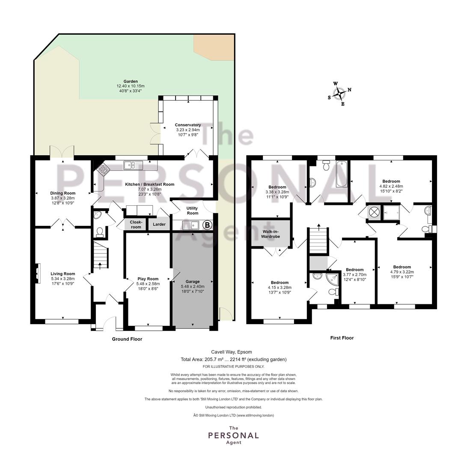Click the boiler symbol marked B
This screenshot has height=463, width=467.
point(207,225)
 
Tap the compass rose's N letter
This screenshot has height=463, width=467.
point(349,90)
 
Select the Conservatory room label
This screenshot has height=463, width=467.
point(187,125)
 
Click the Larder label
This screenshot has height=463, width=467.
point(159,224)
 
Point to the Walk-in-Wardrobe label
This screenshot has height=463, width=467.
point(271,234)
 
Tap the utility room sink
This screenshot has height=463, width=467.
point(190,225)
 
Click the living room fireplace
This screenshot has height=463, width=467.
point(37,274)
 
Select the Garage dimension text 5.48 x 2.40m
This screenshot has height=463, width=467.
point(192,286)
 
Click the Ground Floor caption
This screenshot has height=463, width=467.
point(127,339)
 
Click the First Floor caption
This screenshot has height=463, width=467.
point(342,338)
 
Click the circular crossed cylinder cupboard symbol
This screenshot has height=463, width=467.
point(374,212)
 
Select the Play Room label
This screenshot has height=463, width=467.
point(148,279)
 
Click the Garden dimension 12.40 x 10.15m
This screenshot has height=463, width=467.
point(131,86)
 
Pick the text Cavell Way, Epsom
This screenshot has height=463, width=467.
point(232,352)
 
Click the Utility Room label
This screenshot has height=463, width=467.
point(192,210)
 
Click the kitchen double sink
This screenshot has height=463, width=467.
point(134,165)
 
